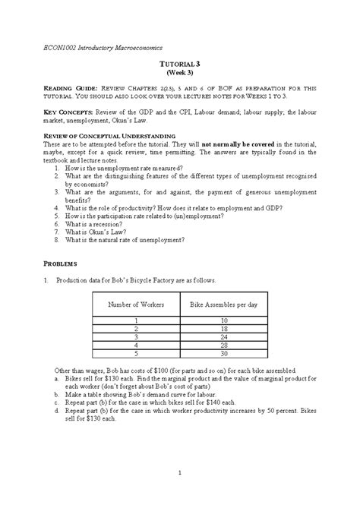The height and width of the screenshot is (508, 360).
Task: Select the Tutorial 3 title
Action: pos(180,67)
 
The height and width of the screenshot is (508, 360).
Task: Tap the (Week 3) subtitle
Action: pos(180,75)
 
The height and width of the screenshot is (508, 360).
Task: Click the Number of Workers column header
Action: pos(135,304)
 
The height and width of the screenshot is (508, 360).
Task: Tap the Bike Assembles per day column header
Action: pos(223,304)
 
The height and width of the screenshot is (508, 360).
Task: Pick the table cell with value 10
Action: pos(223,321)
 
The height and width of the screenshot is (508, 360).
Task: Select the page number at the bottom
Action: pos(179,474)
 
